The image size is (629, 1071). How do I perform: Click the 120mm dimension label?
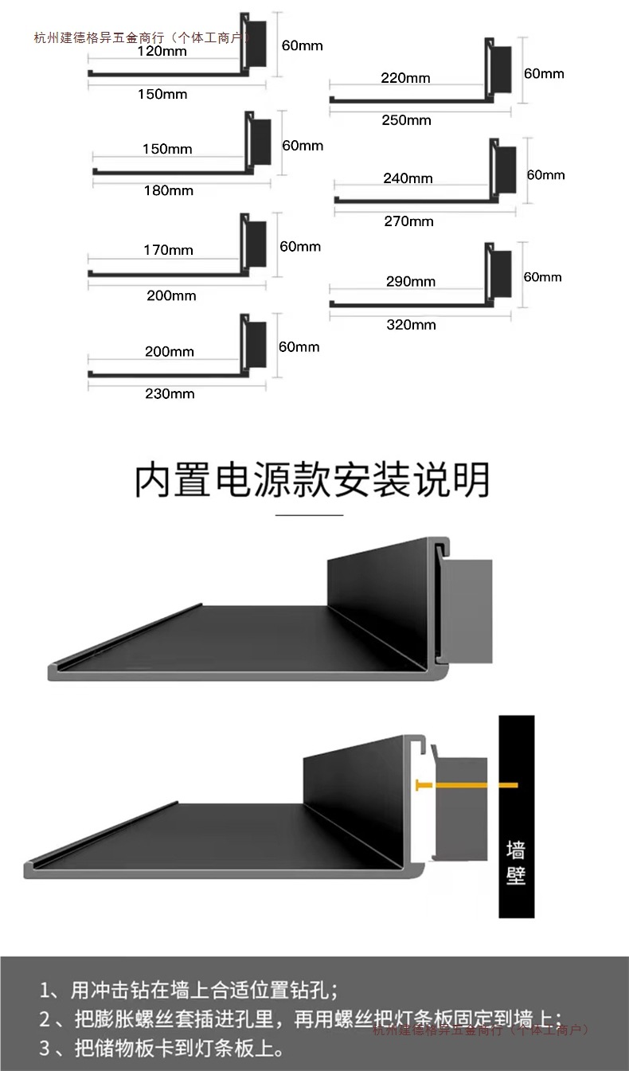(162, 52)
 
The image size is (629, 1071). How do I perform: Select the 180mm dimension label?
(168, 190)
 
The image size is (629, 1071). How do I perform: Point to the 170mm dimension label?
(168, 250)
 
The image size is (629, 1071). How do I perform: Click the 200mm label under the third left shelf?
(171, 295)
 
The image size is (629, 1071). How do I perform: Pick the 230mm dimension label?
(170, 393)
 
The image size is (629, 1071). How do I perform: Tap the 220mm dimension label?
(405, 78)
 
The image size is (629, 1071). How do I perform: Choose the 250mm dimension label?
(406, 120)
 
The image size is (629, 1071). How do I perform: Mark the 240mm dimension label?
(408, 178)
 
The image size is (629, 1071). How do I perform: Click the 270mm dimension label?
(408, 221)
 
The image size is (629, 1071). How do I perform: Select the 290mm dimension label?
(411, 281)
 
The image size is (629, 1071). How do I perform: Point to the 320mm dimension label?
(411, 324)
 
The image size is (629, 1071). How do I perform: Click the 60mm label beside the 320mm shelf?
(542, 277)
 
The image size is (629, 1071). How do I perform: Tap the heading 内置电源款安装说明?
(312, 480)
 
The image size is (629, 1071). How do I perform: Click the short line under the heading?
(309, 515)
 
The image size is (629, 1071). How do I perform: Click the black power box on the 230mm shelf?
(256, 344)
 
